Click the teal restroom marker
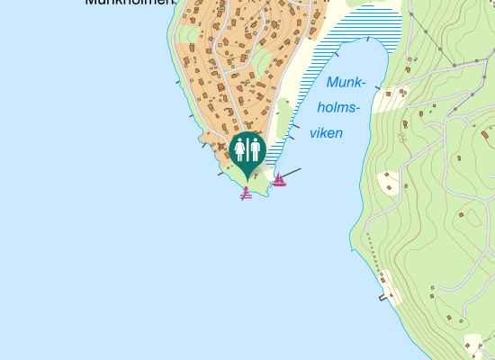(246, 151)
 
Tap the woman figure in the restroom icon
(239, 149)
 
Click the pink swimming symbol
(246, 191)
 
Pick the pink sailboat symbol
(279, 180)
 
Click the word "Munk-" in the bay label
(346, 84)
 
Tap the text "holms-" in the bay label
(339, 108)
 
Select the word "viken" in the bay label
(326, 132)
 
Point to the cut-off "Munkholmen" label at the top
(126, 3)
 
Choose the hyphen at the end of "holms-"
(356, 110)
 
